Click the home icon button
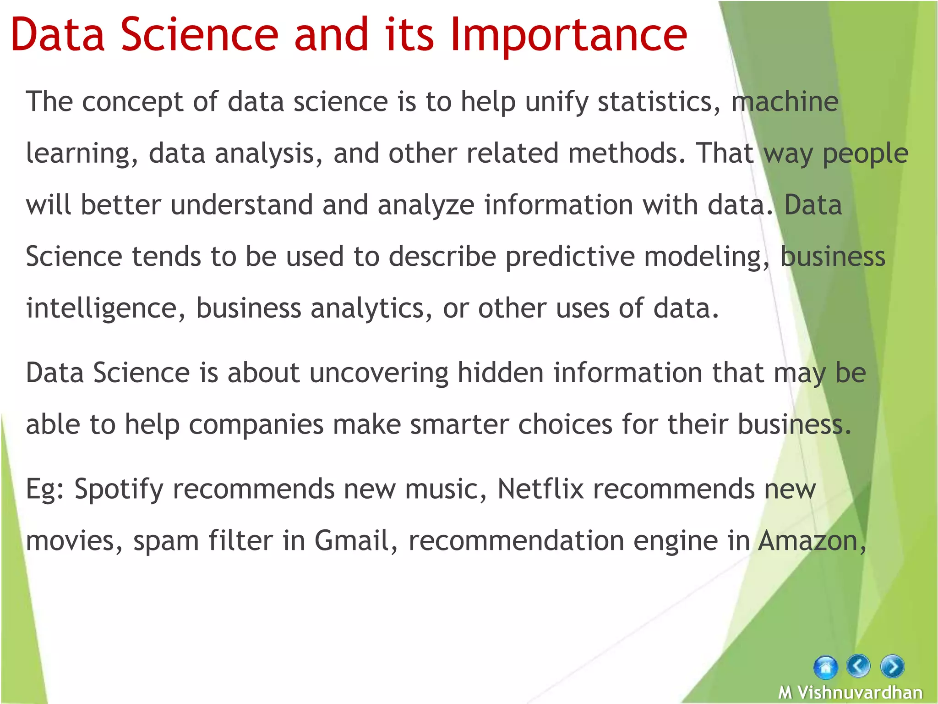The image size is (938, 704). pyautogui.click(x=825, y=667)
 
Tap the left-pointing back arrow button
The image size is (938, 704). pyautogui.click(x=858, y=666)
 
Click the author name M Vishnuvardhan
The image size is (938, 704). pyautogui.click(x=850, y=692)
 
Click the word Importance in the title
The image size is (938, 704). pyautogui.click(x=568, y=34)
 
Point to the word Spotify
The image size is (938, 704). pyautogui.click(x=119, y=489)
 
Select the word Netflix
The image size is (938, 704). pyautogui.click(x=540, y=489)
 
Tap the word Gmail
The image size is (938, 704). pyautogui.click(x=351, y=540)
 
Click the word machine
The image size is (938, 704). pyautogui.click(x=785, y=101)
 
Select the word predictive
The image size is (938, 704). pyautogui.click(x=570, y=257)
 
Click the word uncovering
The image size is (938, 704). pyautogui.click(x=378, y=373)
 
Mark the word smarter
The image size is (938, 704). pyautogui.click(x=459, y=424)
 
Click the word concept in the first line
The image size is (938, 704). pyautogui.click(x=132, y=102)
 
